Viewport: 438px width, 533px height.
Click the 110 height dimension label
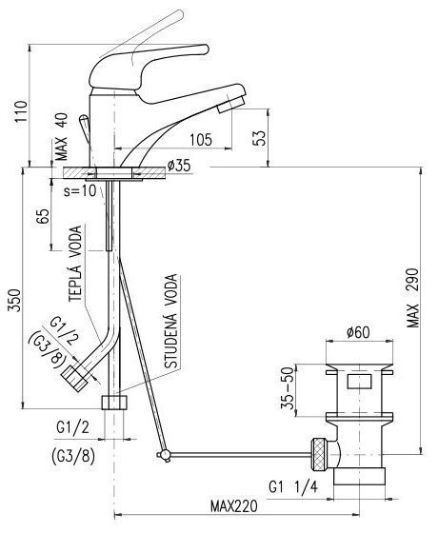(21, 112)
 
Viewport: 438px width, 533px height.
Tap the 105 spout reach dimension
(201, 139)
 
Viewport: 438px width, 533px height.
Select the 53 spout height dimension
(260, 138)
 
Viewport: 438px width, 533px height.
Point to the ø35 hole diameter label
(179, 166)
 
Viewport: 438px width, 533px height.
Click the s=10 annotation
(80, 191)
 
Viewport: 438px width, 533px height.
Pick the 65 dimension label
(43, 216)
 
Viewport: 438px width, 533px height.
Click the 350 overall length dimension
(14, 300)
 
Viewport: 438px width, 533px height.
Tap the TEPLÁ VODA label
(75, 264)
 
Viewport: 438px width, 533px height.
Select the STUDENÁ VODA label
(170, 322)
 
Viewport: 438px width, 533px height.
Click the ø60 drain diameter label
(358, 332)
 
